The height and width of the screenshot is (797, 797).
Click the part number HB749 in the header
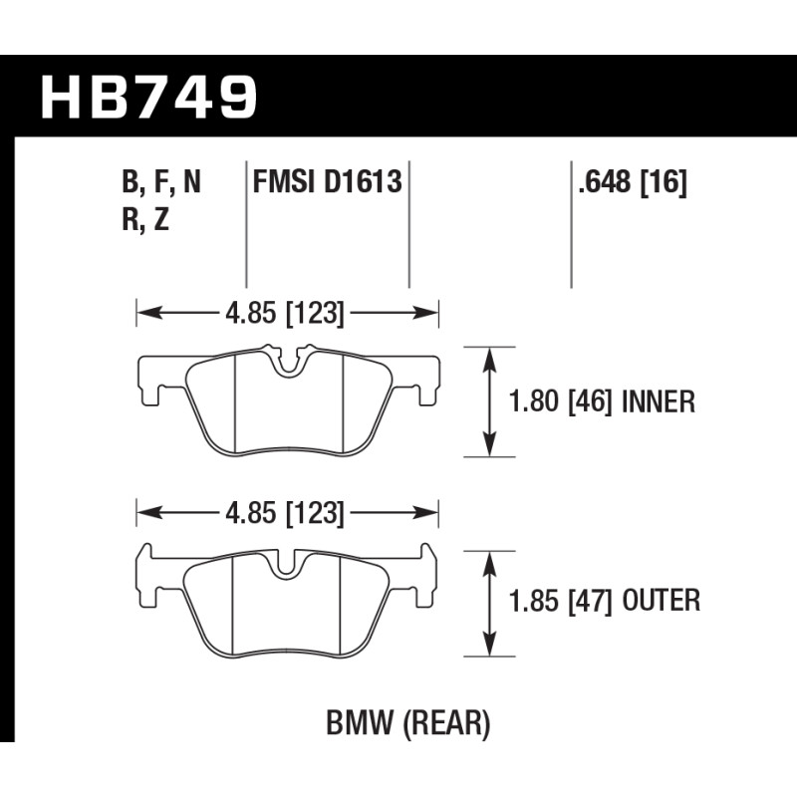148,97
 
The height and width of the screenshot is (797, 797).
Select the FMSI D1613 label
328,181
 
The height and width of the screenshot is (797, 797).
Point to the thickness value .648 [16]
633,181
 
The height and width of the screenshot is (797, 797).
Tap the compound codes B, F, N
161,182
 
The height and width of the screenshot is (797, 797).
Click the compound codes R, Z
145,220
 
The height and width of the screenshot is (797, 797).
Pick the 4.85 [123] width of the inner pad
285,313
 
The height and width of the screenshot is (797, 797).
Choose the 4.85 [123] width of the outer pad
285,513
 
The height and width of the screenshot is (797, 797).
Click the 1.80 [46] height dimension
560,401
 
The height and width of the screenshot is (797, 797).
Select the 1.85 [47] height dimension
561,601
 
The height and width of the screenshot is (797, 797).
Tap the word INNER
659,401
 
